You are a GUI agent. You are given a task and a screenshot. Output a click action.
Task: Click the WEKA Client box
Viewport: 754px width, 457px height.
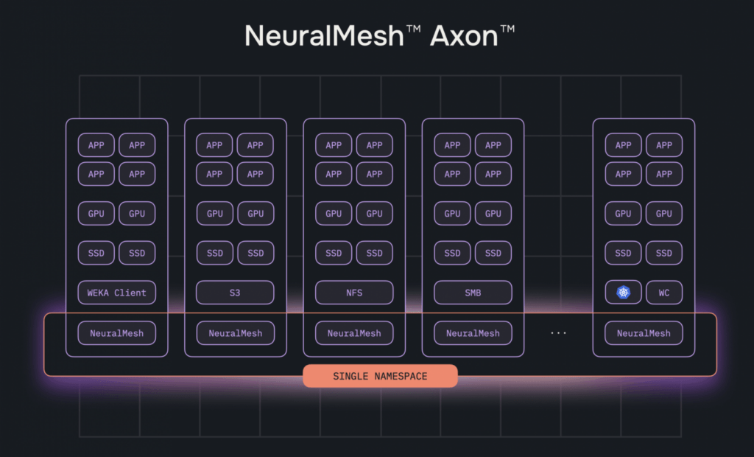click(x=117, y=293)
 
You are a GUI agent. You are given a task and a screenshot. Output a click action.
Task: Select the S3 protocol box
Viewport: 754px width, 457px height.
click(x=235, y=293)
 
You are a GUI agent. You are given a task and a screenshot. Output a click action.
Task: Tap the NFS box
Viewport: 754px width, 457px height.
click(x=354, y=293)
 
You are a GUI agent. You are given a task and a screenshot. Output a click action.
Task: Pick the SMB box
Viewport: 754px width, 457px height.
click(x=473, y=293)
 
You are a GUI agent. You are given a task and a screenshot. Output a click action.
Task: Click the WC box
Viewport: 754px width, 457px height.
click(x=664, y=293)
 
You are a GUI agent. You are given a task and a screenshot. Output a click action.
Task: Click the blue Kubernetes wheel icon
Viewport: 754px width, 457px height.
click(x=623, y=293)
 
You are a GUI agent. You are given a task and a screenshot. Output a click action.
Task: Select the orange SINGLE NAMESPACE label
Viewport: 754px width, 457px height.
click(x=380, y=376)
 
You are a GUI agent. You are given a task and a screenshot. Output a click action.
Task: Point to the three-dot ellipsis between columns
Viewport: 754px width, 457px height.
click(x=558, y=333)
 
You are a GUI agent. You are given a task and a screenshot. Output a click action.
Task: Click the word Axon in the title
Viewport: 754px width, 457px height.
click(x=464, y=36)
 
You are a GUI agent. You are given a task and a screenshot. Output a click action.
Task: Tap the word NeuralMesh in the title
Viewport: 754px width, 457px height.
click(x=324, y=36)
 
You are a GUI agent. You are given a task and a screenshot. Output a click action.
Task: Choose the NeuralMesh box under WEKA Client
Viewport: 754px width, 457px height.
click(x=117, y=333)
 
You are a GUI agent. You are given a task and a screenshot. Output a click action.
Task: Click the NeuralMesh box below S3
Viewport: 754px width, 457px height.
click(x=235, y=333)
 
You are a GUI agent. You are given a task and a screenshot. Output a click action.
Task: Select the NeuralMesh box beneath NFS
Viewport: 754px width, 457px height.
click(x=354, y=333)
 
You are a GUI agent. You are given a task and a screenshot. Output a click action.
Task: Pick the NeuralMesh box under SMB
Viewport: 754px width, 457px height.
click(x=473, y=333)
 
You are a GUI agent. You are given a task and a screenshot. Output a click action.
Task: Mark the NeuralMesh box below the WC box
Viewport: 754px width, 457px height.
click(x=644, y=333)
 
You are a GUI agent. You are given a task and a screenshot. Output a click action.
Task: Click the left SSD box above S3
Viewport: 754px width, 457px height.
click(x=215, y=253)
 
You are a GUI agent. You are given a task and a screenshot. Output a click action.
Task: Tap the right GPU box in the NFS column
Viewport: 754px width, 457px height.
click(x=375, y=213)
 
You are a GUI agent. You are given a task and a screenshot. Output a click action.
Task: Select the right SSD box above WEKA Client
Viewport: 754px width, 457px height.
click(x=137, y=253)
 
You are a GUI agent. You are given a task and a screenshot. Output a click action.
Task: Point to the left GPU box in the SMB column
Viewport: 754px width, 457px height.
click(x=452, y=213)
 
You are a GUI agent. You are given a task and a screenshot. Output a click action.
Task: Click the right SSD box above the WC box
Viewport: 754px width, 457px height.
click(x=664, y=253)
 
